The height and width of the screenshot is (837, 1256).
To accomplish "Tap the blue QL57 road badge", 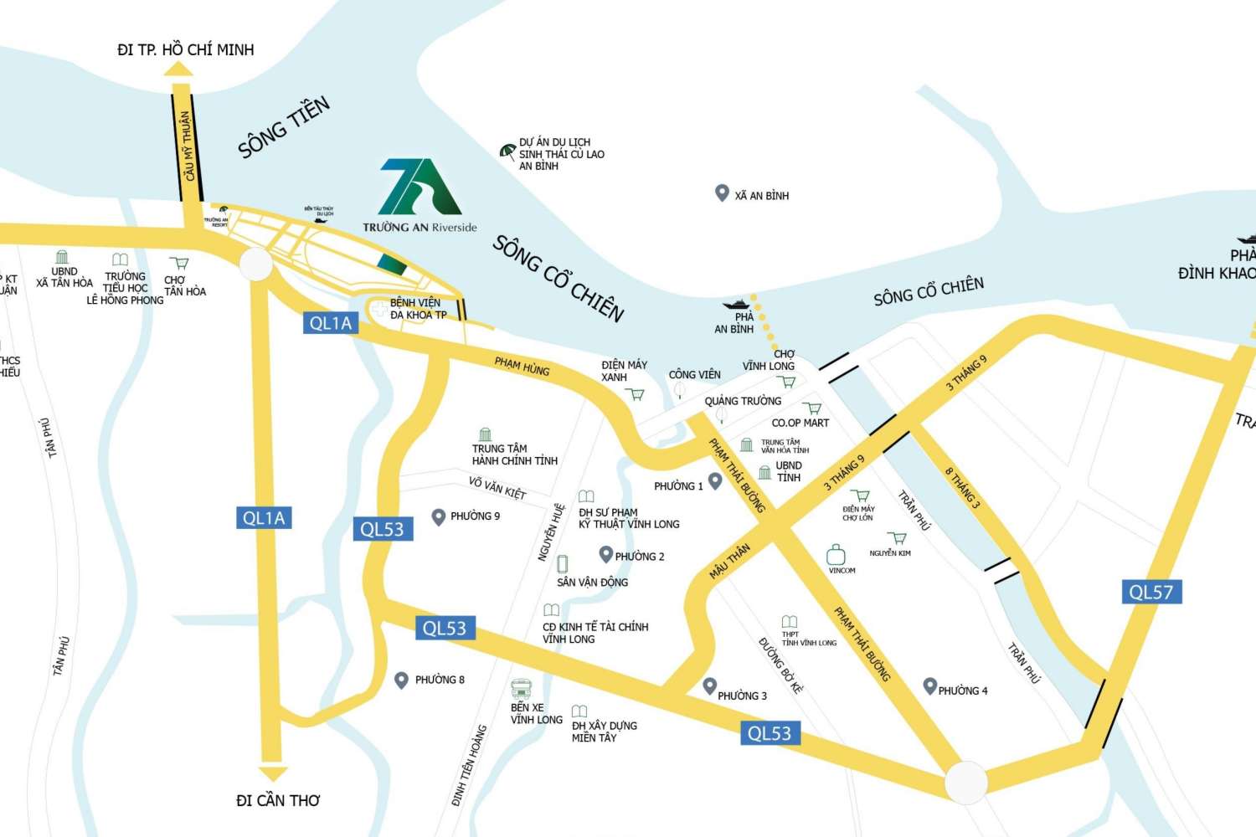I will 1150,592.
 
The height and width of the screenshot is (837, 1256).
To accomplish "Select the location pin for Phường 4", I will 929,686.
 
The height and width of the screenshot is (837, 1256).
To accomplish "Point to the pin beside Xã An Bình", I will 722,193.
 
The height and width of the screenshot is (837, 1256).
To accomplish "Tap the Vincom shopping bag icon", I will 836,554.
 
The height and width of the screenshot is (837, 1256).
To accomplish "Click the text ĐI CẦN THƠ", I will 278,801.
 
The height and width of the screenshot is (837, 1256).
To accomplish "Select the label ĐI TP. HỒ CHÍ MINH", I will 185,49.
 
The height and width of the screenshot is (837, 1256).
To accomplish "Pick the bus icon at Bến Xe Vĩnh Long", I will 522,690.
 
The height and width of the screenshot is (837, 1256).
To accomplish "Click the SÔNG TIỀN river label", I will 284,127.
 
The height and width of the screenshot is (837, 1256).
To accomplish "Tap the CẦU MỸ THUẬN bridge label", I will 187,146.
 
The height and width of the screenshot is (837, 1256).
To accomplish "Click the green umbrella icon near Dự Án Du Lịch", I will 507,151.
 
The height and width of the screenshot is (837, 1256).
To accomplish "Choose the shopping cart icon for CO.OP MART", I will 811,409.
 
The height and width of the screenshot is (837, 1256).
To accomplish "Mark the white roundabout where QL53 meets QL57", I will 966,783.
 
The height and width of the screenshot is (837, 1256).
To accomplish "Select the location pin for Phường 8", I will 402,680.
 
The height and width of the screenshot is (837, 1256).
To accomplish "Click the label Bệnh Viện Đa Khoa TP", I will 418,309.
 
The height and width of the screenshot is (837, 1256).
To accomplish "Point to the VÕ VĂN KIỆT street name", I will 497,488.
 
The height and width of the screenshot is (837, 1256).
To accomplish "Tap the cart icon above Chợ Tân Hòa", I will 178,263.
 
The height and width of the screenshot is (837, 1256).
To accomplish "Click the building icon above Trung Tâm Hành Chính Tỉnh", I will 485,434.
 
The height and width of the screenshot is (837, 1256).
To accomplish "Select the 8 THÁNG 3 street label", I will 963,488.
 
